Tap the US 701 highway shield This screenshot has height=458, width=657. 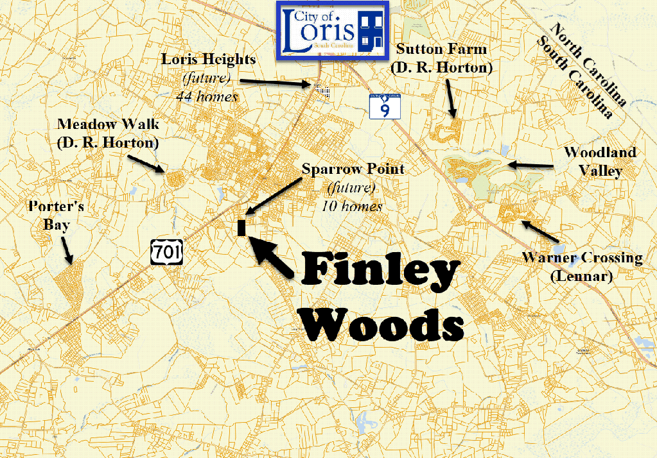pyautogui.click(x=167, y=251)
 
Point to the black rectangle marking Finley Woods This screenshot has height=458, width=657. pyautogui.click(x=242, y=228)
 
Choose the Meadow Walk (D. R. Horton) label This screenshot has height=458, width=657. pyautogui.click(x=107, y=133)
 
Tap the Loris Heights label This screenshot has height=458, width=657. pyautogui.click(x=208, y=60)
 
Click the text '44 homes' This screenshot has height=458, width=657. pyautogui.click(x=207, y=97)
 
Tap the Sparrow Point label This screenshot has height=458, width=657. pyautogui.click(x=353, y=169)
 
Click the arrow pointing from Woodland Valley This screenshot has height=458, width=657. pyautogui.click(x=531, y=165)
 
